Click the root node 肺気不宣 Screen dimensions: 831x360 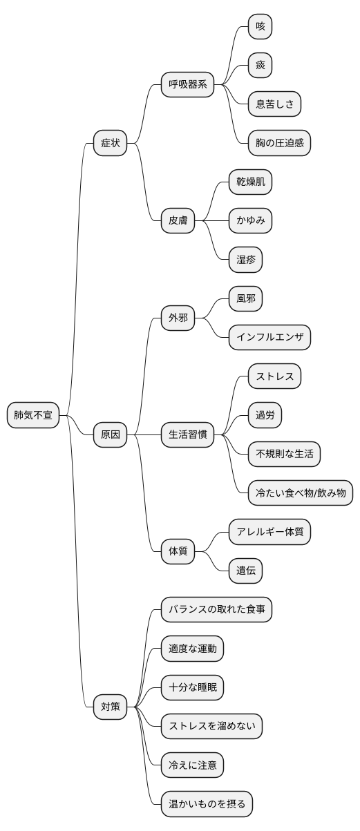(33, 415)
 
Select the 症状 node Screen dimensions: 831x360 (111, 144)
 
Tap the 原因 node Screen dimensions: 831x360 (111, 434)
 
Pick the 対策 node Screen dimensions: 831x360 (111, 707)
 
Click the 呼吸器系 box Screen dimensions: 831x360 (188, 85)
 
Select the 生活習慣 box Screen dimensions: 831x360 (188, 434)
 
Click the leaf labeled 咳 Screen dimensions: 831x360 (260, 27)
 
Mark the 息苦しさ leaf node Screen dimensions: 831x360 (275, 104)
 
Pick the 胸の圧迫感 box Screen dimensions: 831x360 (280, 144)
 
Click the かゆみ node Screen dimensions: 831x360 (251, 221)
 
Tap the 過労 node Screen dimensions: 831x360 (265, 415)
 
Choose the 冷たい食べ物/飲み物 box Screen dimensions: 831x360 (301, 493)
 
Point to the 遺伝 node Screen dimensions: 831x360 (246, 571)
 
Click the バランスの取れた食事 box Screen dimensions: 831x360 (217, 609)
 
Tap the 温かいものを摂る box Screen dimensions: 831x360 (207, 804)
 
